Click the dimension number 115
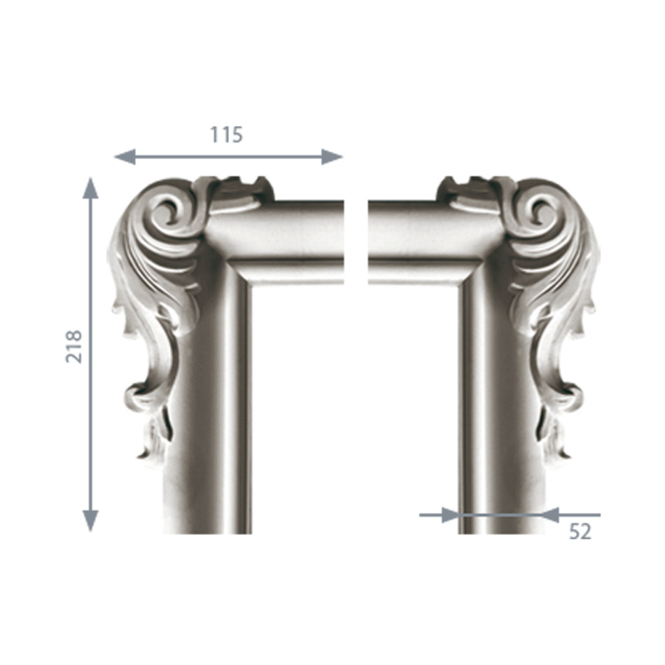[227, 135]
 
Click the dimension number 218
[73, 346]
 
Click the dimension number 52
[580, 531]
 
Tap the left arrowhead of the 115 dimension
[125, 157]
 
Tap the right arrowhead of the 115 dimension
[332, 157]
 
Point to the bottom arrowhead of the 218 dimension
[90, 521]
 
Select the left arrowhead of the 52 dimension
[450, 515]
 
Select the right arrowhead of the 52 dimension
[550, 515]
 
